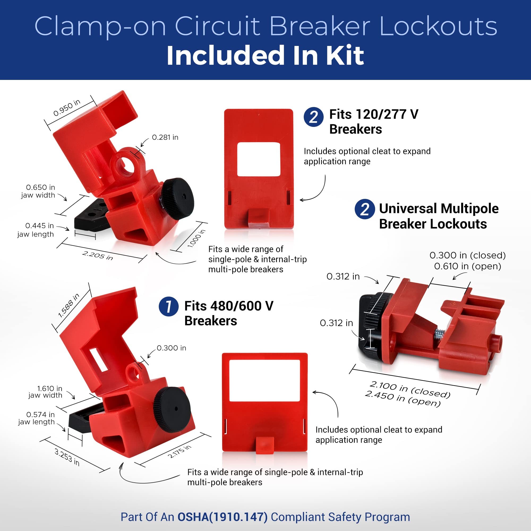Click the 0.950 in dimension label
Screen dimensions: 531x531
point(67,108)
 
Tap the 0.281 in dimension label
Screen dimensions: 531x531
point(165,137)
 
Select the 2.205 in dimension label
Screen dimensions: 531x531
point(97,256)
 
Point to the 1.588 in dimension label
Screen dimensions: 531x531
point(69,306)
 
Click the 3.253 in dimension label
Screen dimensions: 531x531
point(67,457)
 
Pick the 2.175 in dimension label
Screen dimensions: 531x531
point(179,451)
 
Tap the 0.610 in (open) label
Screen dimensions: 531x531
point(468,266)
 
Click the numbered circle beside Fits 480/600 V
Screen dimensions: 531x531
point(169,306)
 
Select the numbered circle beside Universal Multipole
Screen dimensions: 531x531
point(365,209)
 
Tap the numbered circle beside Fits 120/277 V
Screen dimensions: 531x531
point(314,117)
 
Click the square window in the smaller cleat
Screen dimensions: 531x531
point(259,159)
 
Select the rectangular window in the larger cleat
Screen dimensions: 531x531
point(264,381)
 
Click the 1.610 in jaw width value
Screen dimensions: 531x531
point(50,388)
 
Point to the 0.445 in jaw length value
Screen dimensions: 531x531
point(39,226)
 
